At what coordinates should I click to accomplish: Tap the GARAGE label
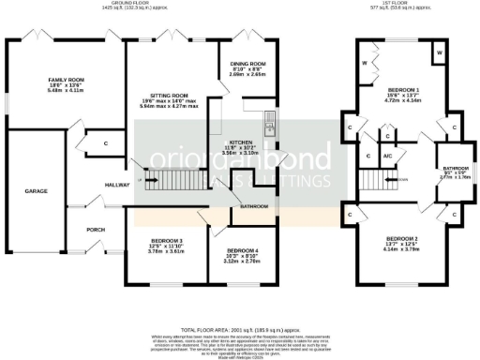pos(36,190)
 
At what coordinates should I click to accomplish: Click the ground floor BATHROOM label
pos(254,206)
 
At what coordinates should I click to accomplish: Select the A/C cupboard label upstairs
pos(386,157)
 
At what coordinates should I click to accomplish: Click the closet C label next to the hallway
pos(106,143)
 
